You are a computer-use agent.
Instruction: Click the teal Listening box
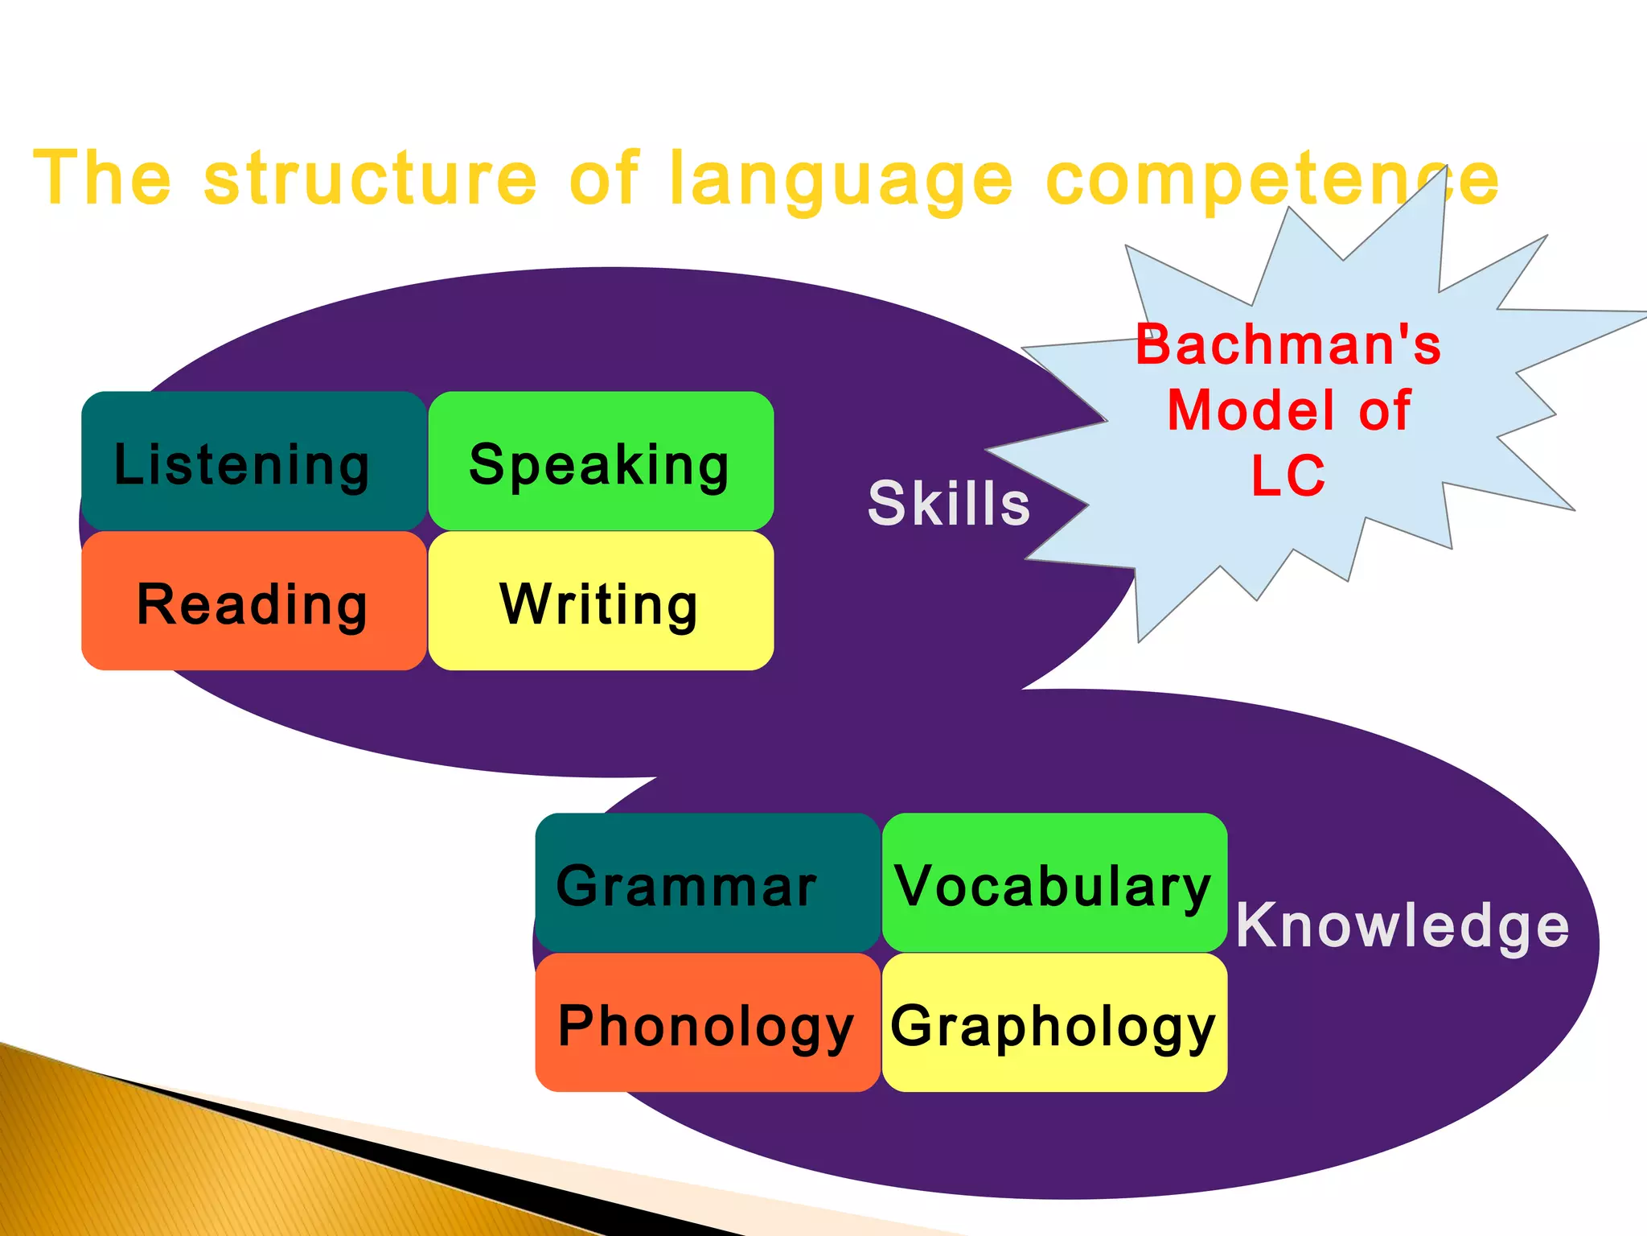coord(253,461)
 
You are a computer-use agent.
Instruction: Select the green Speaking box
coord(601,461)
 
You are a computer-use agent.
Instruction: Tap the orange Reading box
coord(253,601)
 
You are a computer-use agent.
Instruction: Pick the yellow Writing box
coord(601,601)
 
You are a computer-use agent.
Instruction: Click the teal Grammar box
coord(707,883)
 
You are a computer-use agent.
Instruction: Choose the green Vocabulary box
coord(1054,883)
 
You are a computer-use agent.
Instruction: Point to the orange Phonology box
coord(707,1023)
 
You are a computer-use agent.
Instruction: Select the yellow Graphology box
coord(1054,1023)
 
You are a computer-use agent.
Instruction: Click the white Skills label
coord(949,504)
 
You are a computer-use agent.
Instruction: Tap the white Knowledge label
coord(1403,925)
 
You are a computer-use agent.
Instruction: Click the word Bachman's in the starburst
coord(1288,344)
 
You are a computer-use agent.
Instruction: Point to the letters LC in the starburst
coord(1288,475)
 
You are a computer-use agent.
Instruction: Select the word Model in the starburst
coord(1248,410)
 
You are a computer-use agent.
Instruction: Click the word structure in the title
coord(370,179)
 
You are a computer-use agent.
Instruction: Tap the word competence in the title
coord(1272,179)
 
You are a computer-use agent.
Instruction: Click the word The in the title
coord(102,179)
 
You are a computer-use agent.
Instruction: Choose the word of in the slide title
coord(603,179)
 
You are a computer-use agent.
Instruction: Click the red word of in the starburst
coord(1385,410)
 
